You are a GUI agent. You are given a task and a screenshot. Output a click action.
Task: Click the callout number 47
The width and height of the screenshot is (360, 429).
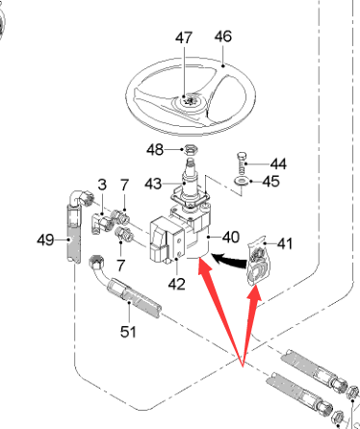(x=184, y=38)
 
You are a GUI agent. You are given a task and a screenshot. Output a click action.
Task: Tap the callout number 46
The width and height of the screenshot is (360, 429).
(x=223, y=37)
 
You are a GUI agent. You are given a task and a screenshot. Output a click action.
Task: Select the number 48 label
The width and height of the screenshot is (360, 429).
(x=155, y=150)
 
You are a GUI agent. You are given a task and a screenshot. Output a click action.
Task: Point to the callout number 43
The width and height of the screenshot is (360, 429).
(x=153, y=184)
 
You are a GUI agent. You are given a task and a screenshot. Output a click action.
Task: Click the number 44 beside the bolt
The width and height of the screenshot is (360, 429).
(x=278, y=164)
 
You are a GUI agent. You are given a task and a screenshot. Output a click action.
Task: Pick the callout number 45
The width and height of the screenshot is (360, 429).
(x=271, y=181)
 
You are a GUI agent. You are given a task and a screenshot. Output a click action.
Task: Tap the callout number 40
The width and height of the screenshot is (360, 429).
(x=231, y=238)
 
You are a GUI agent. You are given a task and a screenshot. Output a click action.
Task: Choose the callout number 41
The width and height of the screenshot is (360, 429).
(x=285, y=243)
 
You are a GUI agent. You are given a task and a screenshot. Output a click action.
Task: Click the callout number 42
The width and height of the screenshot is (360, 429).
(x=177, y=284)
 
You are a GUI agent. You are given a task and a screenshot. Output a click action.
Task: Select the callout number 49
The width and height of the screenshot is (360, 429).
(x=45, y=240)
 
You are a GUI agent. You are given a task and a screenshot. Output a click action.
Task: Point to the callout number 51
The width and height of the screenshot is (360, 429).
(x=128, y=332)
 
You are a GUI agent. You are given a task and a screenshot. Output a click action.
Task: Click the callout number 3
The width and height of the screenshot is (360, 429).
(x=102, y=185)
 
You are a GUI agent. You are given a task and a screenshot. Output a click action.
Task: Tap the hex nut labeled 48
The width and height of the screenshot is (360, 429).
(x=191, y=149)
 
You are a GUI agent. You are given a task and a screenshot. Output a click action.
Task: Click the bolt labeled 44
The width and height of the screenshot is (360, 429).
(x=242, y=164)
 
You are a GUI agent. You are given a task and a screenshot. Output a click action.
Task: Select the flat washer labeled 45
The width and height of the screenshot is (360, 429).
(x=242, y=182)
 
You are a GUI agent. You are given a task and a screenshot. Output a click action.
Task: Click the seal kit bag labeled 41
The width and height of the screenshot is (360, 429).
(x=259, y=260)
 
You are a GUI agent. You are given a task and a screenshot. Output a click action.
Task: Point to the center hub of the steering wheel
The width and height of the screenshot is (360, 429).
(x=189, y=102)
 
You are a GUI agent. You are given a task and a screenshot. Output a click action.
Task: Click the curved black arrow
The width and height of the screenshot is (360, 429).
(x=229, y=260)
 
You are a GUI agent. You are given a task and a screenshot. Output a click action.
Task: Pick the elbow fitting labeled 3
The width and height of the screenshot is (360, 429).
(x=102, y=223)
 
